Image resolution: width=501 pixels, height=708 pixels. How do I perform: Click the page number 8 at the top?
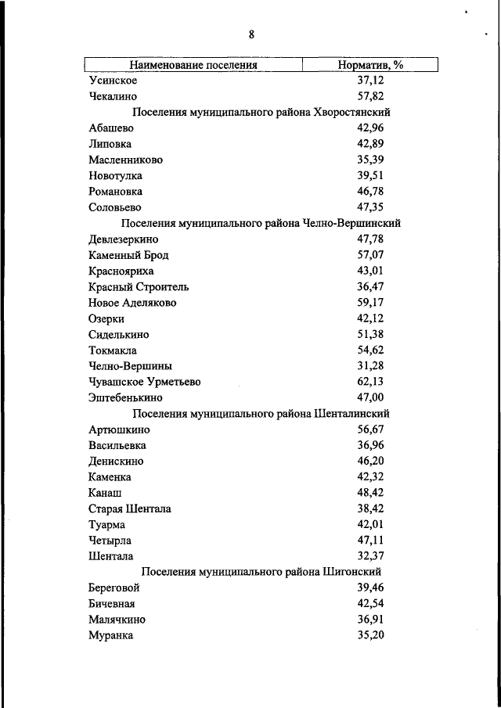(251, 34)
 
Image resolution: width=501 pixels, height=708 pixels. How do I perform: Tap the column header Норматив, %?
(370, 65)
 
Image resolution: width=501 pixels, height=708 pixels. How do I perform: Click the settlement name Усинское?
(114, 81)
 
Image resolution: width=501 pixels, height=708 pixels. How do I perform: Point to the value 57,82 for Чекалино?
(370, 97)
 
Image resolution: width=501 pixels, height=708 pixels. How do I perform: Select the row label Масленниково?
(125, 160)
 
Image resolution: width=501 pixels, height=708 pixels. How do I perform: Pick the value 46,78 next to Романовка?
(370, 192)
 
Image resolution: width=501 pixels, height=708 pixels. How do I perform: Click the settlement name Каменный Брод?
(128, 255)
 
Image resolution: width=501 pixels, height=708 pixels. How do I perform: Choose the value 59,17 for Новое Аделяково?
(370, 303)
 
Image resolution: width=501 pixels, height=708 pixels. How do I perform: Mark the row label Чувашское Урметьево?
(145, 382)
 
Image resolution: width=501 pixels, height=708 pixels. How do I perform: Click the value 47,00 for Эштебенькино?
(370, 397)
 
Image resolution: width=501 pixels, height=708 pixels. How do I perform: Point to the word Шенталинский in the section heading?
(351, 413)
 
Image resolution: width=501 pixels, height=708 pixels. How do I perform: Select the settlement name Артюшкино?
(120, 429)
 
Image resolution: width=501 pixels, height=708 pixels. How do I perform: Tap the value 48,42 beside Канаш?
(370, 493)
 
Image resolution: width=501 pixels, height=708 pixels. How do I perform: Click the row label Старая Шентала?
(130, 509)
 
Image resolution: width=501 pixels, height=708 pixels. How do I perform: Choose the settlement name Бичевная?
(113, 604)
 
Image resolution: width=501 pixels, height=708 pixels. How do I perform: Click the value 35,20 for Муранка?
(370, 635)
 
